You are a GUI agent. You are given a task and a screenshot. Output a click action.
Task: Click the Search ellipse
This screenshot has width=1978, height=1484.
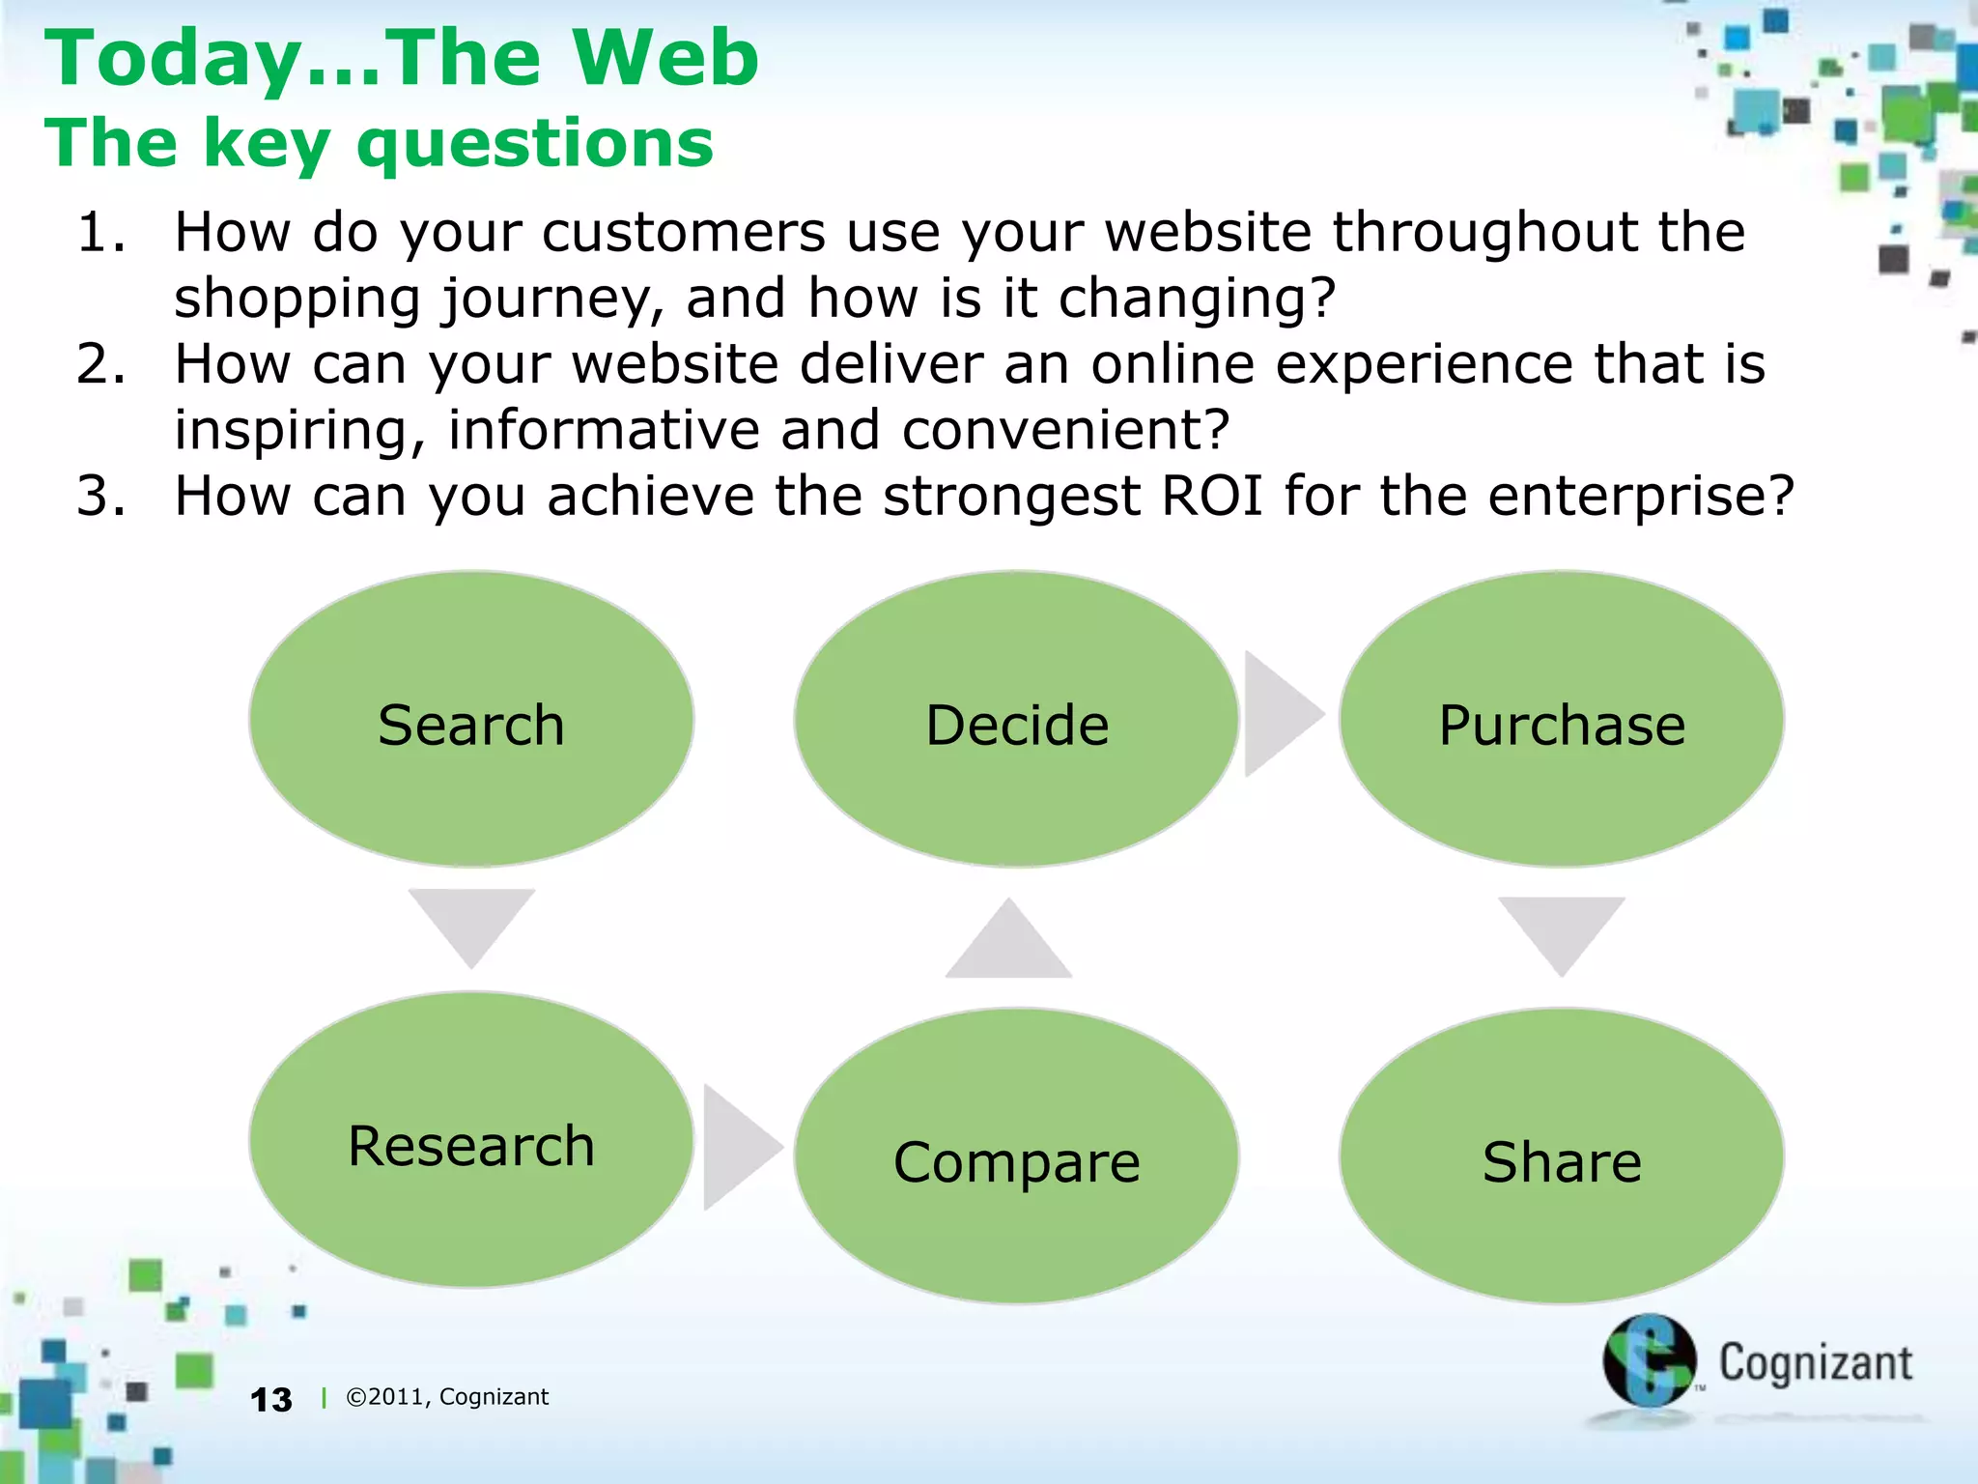point(471,720)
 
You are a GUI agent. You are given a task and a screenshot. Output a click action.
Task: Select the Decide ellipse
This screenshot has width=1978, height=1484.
point(1016,720)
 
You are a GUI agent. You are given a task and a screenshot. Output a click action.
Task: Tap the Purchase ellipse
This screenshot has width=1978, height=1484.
point(1561,720)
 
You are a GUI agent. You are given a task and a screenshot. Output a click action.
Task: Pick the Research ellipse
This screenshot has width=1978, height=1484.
point(471,1140)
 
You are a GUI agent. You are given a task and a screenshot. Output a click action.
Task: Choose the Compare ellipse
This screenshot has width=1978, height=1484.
point(1016,1156)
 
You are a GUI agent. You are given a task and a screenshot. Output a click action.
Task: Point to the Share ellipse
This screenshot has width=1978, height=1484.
point(1561,1156)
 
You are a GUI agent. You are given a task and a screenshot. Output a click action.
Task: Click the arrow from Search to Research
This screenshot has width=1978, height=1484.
point(471,923)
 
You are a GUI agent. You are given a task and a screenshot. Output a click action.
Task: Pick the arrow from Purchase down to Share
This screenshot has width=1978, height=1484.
point(1561,930)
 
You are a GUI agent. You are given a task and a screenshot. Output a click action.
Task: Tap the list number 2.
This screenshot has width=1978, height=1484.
point(100,365)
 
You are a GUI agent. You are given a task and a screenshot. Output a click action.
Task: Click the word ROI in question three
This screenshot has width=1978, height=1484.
point(1211,497)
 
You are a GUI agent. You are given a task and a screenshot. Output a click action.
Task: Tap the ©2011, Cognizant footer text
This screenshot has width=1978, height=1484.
point(447,1397)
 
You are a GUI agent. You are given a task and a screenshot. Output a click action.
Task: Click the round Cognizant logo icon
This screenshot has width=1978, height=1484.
point(1648,1361)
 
